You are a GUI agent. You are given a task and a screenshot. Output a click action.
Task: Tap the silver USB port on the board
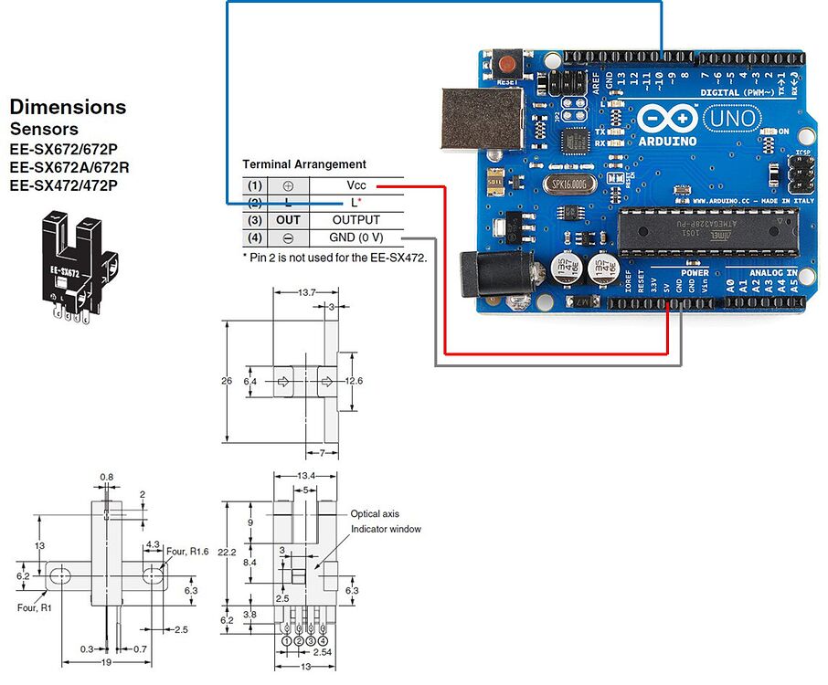[x=482, y=119]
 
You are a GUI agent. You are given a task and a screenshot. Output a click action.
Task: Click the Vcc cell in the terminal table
[x=356, y=184]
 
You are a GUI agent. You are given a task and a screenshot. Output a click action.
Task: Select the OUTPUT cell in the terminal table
[x=356, y=220]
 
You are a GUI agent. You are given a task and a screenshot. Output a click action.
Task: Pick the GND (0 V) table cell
[x=356, y=237]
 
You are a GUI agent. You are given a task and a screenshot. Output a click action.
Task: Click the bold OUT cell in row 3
[x=288, y=220]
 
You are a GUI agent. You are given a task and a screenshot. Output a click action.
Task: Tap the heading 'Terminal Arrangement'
[x=303, y=164]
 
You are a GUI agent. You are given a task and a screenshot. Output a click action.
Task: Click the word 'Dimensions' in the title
[x=68, y=107]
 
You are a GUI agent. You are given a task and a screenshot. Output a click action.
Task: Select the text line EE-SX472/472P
[x=63, y=185]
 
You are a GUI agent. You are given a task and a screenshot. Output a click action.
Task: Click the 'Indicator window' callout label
[x=386, y=530]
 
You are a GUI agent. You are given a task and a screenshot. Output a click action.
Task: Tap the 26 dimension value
[x=227, y=380]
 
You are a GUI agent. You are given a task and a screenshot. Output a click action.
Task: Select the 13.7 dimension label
[x=306, y=292]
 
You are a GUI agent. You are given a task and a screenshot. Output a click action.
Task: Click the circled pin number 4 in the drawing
[x=324, y=640]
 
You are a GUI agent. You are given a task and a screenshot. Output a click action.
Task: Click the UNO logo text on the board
[x=731, y=119]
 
